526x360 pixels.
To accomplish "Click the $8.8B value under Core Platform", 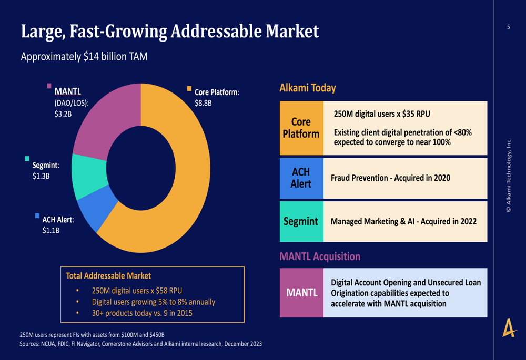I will pos(203,103).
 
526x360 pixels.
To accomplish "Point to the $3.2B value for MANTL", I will pos(63,114).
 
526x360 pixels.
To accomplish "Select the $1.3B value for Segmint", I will pos(41,177).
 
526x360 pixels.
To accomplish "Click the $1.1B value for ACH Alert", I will pos(51,230).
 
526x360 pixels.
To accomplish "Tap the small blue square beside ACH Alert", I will pos(37,215).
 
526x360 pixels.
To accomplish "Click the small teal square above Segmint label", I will pos(27,158).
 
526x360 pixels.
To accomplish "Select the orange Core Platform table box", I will pos(301,128).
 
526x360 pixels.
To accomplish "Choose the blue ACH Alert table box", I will pos(301,178).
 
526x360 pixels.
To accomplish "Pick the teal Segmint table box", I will pos(301,221).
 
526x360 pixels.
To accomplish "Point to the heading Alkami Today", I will pos(308,88).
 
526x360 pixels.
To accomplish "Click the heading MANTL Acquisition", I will pos(320,256).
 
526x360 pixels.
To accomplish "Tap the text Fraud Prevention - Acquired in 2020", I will pos(390,178).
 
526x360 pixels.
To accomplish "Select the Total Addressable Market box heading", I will pos(108,275).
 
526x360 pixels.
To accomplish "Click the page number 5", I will pos(509,27).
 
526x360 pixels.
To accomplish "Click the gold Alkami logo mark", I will pos(509,329).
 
